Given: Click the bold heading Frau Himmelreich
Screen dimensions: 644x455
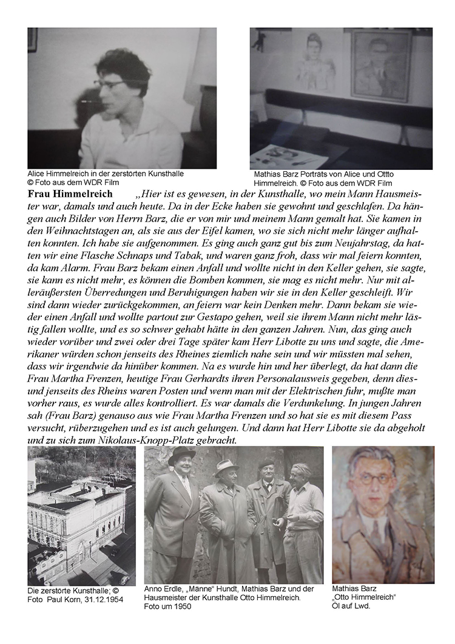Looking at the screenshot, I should click(70, 194).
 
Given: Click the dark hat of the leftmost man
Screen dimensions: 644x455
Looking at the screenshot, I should click(181, 455).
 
